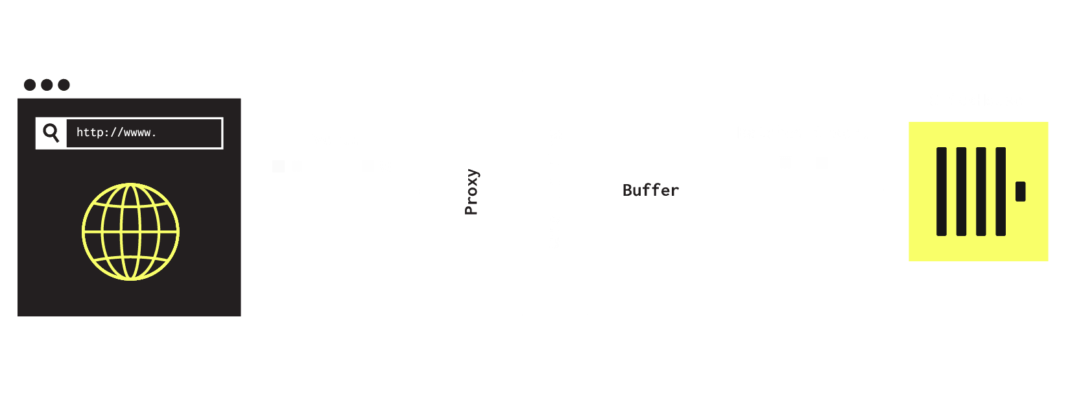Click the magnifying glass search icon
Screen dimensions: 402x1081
tap(51, 133)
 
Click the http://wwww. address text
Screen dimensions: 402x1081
tap(116, 133)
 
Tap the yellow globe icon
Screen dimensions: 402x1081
tap(130, 231)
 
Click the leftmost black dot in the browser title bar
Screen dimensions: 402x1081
tap(30, 85)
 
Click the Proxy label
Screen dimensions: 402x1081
tap(472, 192)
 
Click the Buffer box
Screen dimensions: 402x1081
tap(651, 191)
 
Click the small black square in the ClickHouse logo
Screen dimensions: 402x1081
tap(1020, 191)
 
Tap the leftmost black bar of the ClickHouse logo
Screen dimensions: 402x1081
tap(942, 191)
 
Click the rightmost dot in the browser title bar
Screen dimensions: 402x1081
tap(64, 85)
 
